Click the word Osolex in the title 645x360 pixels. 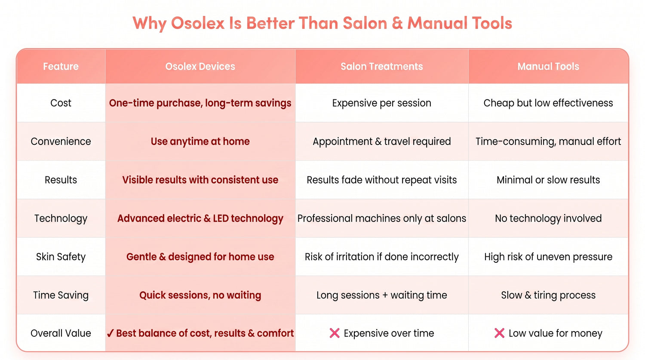click(x=197, y=23)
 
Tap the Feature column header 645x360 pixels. click(x=61, y=67)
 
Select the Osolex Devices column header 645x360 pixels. click(x=200, y=67)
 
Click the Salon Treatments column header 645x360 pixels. click(x=381, y=67)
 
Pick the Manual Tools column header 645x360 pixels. click(x=548, y=67)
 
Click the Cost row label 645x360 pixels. click(x=61, y=103)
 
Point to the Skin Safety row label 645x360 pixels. click(x=61, y=257)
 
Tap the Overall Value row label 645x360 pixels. click(x=61, y=333)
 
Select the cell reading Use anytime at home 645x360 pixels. click(x=200, y=142)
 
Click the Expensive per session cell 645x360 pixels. click(x=381, y=103)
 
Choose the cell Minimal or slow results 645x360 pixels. click(x=548, y=180)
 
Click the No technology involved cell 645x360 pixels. click(x=548, y=218)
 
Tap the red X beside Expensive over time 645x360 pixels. click(x=335, y=333)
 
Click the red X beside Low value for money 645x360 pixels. click(x=499, y=333)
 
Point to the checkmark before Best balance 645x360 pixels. click(x=110, y=333)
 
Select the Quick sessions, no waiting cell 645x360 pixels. click(x=200, y=295)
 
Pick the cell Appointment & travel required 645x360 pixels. click(x=381, y=142)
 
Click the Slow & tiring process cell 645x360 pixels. click(x=548, y=295)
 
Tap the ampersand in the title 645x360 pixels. click(x=397, y=23)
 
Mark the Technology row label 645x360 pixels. click(x=61, y=218)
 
